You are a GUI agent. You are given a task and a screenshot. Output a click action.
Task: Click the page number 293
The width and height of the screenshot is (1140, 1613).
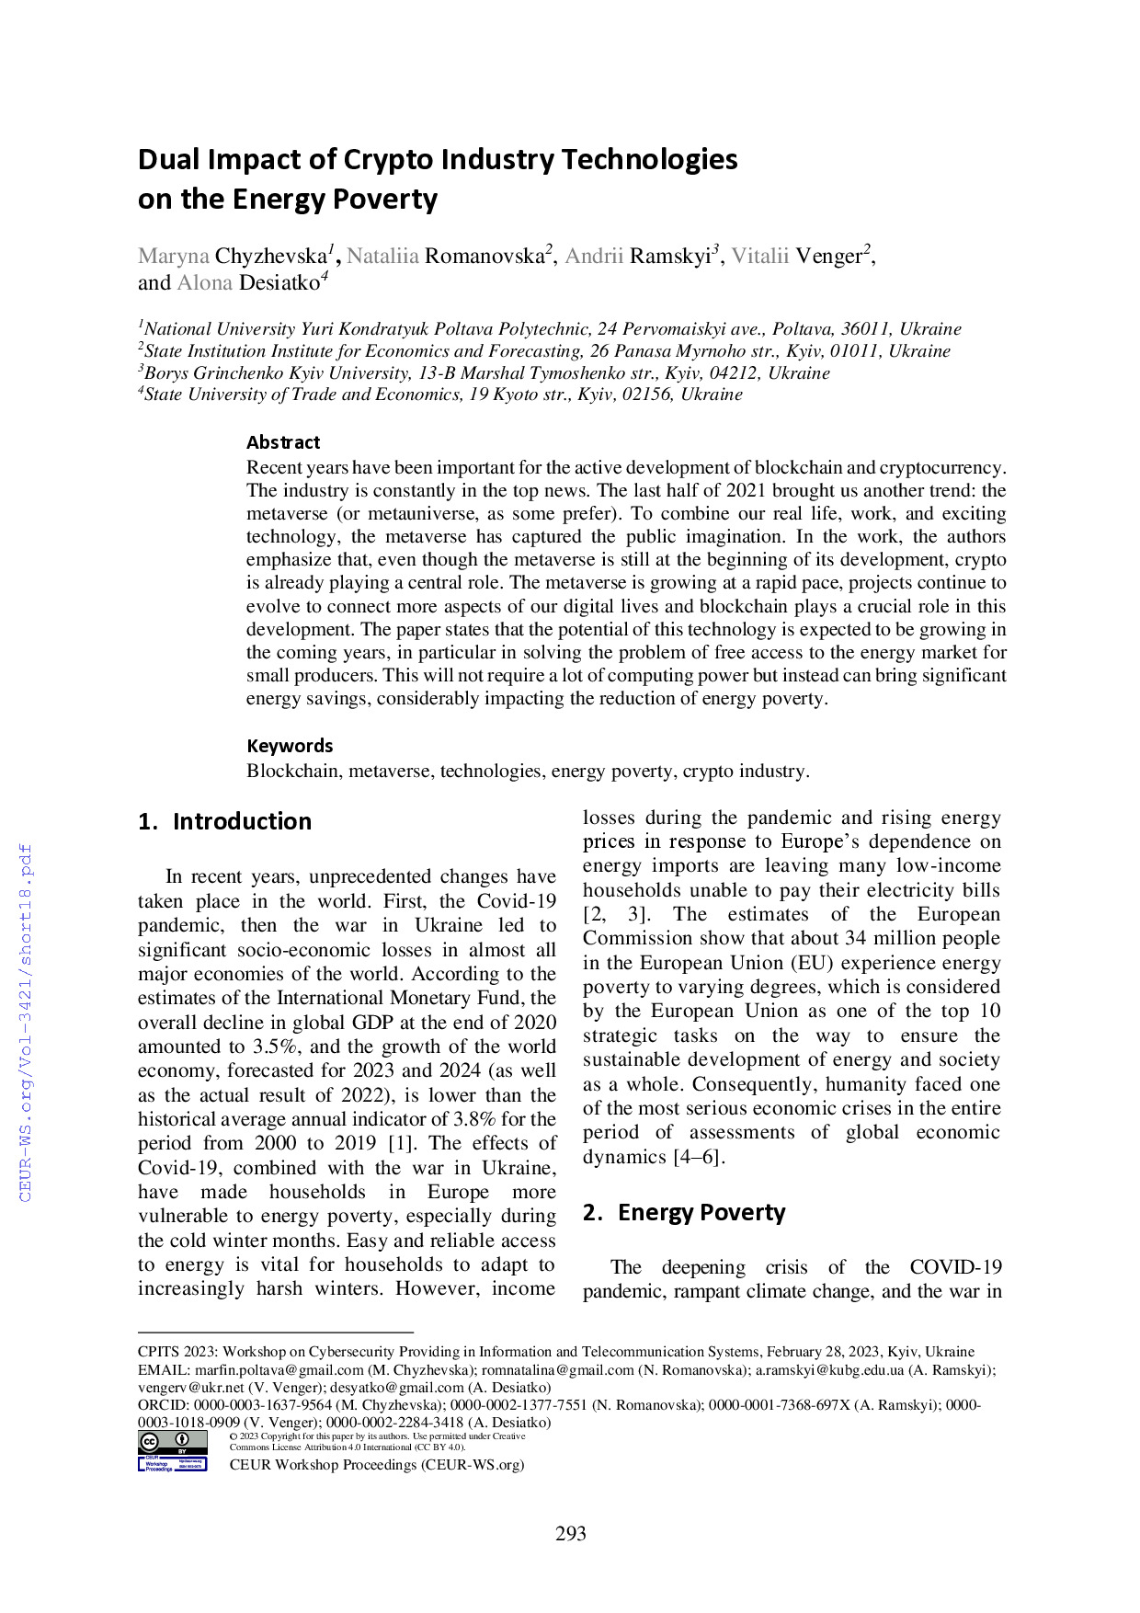[x=570, y=1533]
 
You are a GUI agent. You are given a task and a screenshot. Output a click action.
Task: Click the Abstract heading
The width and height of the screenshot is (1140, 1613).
[x=283, y=442]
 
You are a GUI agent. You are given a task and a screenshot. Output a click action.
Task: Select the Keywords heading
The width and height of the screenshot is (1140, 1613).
[x=290, y=746]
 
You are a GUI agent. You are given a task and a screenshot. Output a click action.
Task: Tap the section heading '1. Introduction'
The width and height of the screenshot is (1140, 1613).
[x=224, y=821]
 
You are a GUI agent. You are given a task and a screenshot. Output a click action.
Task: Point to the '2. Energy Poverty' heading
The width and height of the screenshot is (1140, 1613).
[x=684, y=1212]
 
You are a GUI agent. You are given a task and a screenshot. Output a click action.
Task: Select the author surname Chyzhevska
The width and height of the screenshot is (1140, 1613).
[x=271, y=256]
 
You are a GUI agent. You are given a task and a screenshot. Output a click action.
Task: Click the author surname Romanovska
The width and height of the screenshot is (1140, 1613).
[x=484, y=256]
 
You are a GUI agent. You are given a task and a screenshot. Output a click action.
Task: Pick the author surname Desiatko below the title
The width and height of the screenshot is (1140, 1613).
[x=279, y=282]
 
